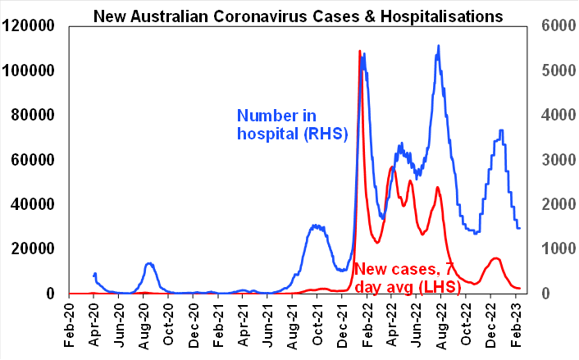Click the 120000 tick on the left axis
pos(28,26)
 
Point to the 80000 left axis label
pos(32,115)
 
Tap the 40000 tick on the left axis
pos(32,204)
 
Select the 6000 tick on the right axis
pos(554,26)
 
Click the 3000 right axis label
pos(554,160)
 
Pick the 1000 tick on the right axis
pos(554,248)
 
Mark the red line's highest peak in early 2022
pos(360,52)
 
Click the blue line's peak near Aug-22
pos(439,46)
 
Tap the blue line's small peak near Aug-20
pos(149,263)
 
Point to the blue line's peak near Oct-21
pos(316,225)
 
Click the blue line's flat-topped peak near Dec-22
pos(500,130)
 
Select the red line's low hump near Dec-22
pos(495,258)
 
